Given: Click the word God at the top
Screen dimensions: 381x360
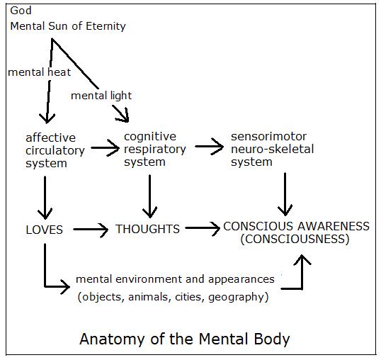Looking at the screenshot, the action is [21, 11].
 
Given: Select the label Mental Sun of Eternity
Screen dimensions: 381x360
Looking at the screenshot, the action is [68, 26].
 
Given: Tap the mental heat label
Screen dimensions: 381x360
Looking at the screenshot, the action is [40, 72].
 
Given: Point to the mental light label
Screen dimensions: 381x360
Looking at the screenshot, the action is [101, 96].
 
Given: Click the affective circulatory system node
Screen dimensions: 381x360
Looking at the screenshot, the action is [55, 150].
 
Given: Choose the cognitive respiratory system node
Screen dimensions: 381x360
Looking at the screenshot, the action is [155, 149].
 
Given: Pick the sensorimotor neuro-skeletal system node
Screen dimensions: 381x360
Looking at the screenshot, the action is [272, 149].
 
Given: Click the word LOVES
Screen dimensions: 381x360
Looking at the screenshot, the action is [44, 230].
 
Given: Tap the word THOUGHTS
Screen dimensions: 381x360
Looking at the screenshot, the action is [147, 229].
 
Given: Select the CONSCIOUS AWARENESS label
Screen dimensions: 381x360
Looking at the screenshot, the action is [296, 226].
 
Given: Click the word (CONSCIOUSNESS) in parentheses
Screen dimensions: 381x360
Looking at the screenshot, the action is [295, 239].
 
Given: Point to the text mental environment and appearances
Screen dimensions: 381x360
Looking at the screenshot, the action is [175, 279].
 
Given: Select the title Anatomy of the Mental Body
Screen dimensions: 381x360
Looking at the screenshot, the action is [185, 339].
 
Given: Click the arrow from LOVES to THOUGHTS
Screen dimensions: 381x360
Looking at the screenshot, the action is [91, 229].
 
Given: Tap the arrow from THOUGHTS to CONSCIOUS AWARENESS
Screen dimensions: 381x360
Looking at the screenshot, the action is [203, 228].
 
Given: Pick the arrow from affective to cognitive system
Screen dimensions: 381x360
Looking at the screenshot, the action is [105, 147].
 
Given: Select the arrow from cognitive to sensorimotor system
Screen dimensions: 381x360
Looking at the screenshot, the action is [209, 146].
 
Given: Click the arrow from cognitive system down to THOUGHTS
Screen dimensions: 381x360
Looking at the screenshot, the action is [149, 196].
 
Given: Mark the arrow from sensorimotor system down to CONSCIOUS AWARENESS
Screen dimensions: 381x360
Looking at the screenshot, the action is [285, 194].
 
